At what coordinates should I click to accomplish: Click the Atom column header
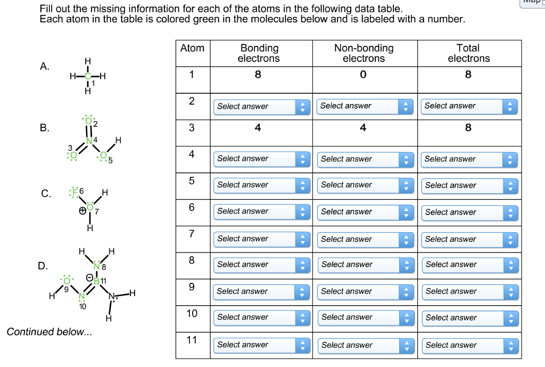192,48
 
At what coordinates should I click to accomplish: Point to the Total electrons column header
468,53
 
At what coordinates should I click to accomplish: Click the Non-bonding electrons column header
364,53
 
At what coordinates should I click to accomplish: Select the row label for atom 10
192,313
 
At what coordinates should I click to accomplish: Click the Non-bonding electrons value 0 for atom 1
363,75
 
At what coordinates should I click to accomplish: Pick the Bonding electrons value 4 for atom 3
258,128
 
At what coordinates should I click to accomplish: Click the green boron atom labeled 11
97,281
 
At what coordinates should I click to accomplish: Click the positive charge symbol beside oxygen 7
82,211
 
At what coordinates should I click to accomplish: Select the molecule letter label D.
43,266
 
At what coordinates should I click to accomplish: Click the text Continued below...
49,332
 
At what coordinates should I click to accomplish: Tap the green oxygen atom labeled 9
67,281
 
